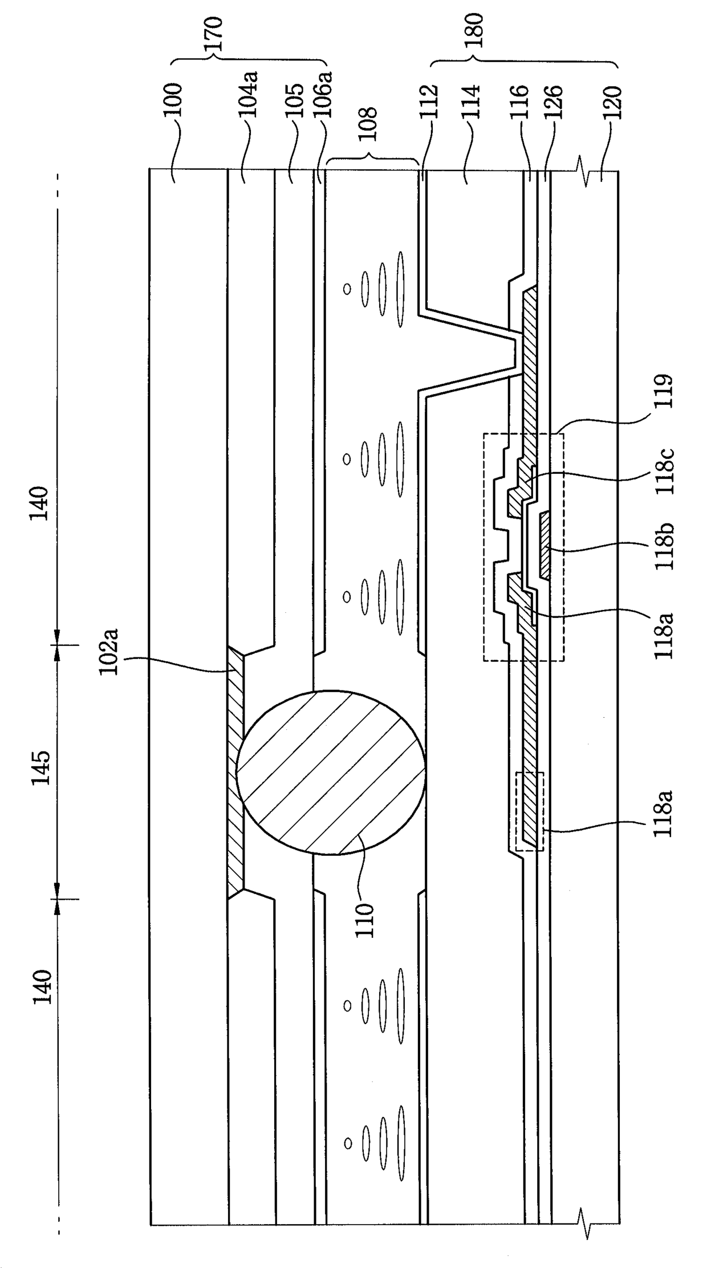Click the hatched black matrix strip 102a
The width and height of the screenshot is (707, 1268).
[235, 773]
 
